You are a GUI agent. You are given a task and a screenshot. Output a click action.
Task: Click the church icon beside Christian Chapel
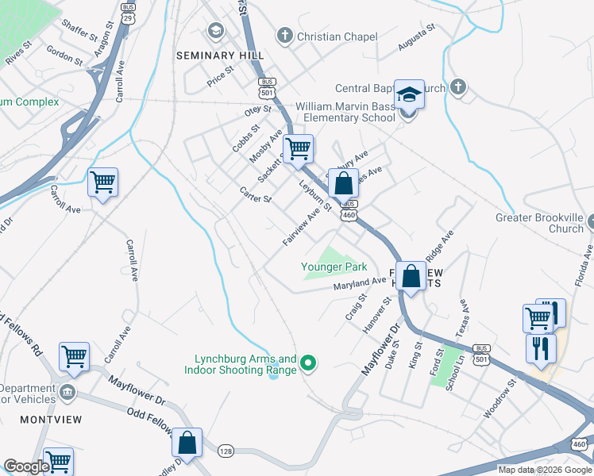pyautogui.click(x=284, y=36)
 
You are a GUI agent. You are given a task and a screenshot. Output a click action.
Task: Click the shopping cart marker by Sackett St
pyautogui.click(x=298, y=148)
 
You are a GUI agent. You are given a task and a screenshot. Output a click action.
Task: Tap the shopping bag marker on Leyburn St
pyautogui.click(x=343, y=185)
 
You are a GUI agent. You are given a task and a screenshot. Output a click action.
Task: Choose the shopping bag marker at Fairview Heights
pyautogui.click(x=411, y=278)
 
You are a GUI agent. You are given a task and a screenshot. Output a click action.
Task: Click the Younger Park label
pyautogui.click(x=333, y=267)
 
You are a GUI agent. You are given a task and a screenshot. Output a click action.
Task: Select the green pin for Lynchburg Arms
pyautogui.click(x=310, y=364)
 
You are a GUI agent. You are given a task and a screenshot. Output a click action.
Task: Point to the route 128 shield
pyautogui.click(x=226, y=450)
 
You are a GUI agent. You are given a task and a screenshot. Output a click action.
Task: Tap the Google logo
pyautogui.click(x=26, y=466)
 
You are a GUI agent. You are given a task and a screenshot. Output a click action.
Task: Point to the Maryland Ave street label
pyautogui.click(x=359, y=282)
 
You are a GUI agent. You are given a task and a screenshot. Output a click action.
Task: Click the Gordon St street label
pyautogui.click(x=64, y=54)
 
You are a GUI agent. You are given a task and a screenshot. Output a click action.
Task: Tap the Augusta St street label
pyautogui.click(x=417, y=39)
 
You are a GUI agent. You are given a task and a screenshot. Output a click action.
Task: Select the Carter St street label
pyautogui.click(x=256, y=194)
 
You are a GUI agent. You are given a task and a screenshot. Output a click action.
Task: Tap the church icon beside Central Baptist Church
pyautogui.click(x=457, y=87)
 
